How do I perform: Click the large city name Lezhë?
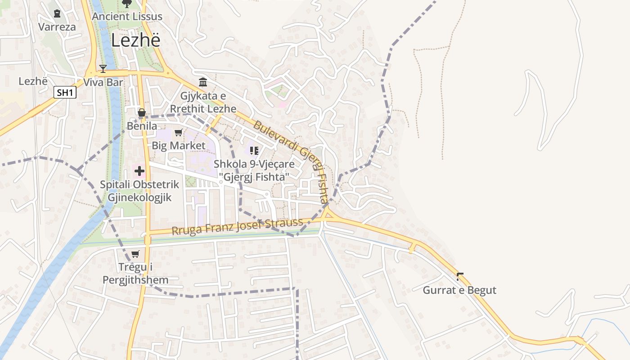tap(135, 40)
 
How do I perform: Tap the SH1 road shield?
tap(65, 93)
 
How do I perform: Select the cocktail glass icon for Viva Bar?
tap(103, 69)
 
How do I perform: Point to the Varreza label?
tap(57, 27)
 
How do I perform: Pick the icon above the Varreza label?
tap(57, 13)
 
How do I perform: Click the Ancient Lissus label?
tap(127, 17)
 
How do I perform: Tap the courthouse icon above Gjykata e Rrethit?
tap(203, 82)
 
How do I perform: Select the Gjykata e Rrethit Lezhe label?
tap(203, 102)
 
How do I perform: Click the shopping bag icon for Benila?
tap(142, 112)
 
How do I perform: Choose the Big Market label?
tap(178, 145)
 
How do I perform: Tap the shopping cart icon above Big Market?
tap(178, 132)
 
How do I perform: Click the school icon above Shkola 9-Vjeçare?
tap(254, 150)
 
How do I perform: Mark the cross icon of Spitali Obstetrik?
tap(139, 171)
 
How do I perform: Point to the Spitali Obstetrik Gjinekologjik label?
tap(139, 191)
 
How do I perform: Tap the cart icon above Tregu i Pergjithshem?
tap(135, 254)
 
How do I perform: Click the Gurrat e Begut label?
tap(459, 290)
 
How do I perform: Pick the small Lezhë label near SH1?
tap(33, 81)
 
